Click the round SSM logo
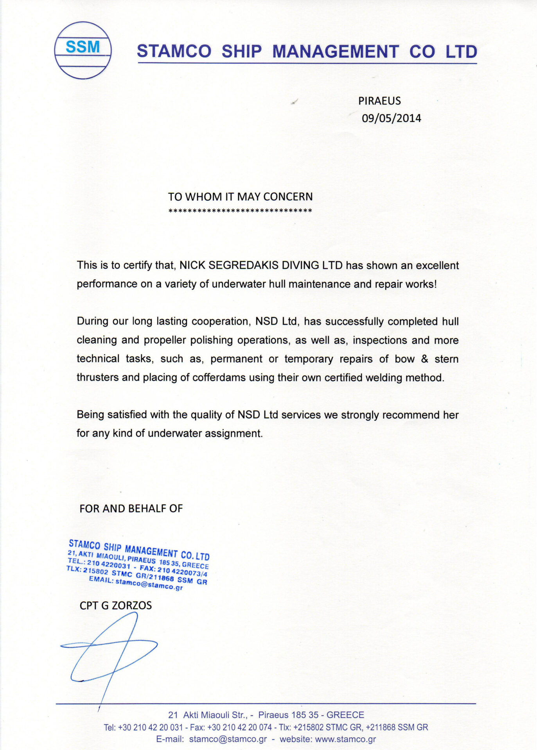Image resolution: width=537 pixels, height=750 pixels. [83, 50]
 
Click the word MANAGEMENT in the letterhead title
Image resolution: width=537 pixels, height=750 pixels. [336, 52]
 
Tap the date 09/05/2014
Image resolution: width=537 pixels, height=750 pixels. [391, 118]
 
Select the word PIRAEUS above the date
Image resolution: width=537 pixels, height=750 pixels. [379, 101]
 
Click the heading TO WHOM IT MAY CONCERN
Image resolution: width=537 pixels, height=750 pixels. [240, 196]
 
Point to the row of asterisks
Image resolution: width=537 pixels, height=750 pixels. [240, 211]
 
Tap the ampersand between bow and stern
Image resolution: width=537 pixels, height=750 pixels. [424, 359]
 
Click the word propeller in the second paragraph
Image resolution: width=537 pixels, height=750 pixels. [165, 340]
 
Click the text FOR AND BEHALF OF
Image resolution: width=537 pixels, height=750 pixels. [131, 508]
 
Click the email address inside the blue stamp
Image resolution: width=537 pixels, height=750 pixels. [149, 584]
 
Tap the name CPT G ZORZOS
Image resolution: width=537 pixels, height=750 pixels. [116, 605]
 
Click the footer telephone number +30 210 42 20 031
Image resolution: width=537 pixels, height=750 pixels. [150, 727]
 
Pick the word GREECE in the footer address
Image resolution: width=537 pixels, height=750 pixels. [345, 715]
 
